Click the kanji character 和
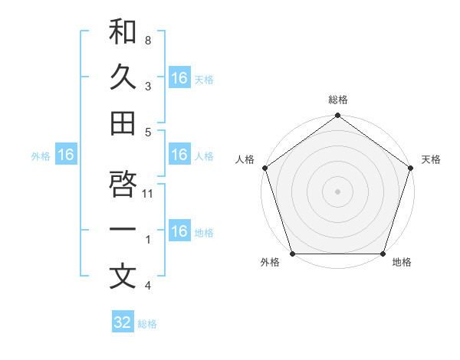pos(123,32)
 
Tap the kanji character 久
pos(123,77)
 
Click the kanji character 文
pos(123,277)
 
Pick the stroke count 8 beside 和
pos(147,40)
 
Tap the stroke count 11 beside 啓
pos(149,193)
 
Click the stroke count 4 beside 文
pos(147,286)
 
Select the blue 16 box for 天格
pos(179,78)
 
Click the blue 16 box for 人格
pos(179,155)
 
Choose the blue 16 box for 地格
pos(179,231)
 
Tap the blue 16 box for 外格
pos(66,155)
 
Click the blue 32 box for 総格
pos(123,322)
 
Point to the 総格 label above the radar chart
pos(338,100)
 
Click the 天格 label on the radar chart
pos(431,159)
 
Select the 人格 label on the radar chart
pos(245,159)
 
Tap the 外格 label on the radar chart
pos(270,263)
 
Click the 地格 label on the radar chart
pos(402,263)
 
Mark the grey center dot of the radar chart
pos(338,191)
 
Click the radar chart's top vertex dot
pos(338,116)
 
